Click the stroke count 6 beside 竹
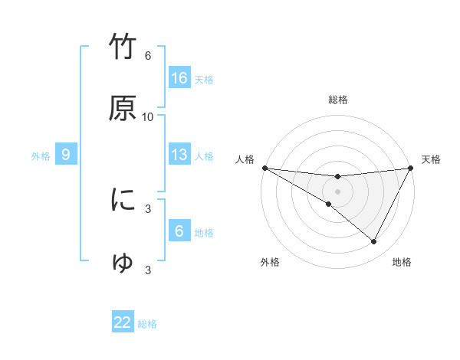click(x=148, y=56)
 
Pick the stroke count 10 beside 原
click(x=148, y=116)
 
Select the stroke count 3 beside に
click(x=148, y=208)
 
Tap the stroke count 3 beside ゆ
click(x=148, y=270)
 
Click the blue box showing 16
click(x=179, y=78)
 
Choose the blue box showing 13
click(x=179, y=155)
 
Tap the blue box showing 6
click(x=179, y=231)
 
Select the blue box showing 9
click(x=66, y=155)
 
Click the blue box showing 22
click(x=123, y=322)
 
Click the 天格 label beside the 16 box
click(x=204, y=80)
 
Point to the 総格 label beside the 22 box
click(x=147, y=324)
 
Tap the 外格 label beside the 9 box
click(x=41, y=156)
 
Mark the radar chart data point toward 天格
click(x=410, y=168)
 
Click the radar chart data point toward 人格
click(x=264, y=168)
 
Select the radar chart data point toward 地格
click(x=374, y=242)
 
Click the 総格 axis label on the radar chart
click(x=337, y=100)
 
